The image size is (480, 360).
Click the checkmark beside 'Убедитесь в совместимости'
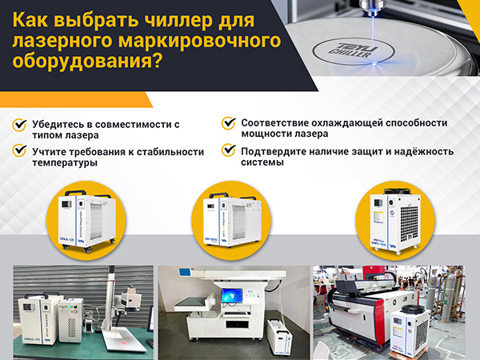point(18,126)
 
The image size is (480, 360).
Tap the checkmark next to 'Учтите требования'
point(18,150)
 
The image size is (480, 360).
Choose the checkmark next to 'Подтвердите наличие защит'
point(229,150)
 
